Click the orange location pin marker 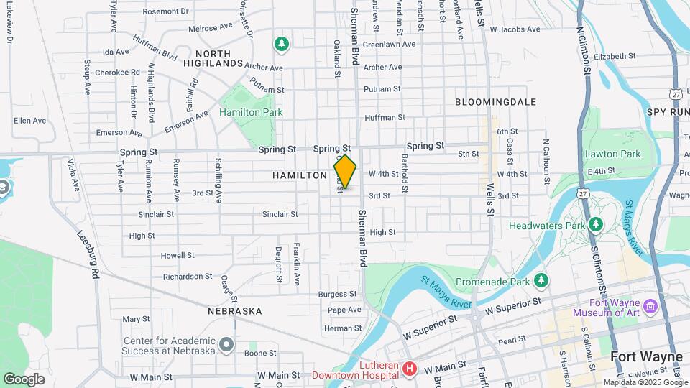[346, 172]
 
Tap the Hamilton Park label [251, 112]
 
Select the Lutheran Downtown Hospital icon [410, 369]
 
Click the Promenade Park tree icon [542, 280]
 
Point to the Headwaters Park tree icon [595, 225]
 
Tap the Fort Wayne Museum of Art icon [651, 307]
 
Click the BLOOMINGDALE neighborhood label [496, 102]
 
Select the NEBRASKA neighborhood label [234, 311]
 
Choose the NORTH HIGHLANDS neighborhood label [213, 58]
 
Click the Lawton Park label [612, 154]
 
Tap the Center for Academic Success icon [227, 346]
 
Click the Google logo [24, 379]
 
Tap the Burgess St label [338, 294]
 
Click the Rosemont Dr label [165, 11]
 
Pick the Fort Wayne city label [646, 356]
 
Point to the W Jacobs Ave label [514, 29]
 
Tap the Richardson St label [183, 276]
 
